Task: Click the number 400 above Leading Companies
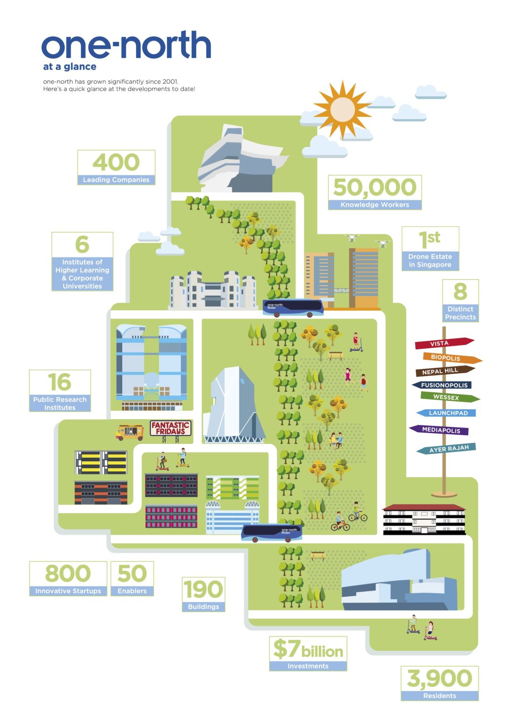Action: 116,162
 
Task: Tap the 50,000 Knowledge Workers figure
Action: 375,193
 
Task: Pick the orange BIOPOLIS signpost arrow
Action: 452,358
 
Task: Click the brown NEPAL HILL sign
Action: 445,371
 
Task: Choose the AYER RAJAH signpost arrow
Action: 446,449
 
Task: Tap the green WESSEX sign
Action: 450,397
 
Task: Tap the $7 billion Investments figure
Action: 308,654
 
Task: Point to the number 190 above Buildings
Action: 203,589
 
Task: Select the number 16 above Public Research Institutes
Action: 60,382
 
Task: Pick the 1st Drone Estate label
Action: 430,249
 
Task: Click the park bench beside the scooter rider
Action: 336,356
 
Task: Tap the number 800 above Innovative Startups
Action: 68,573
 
